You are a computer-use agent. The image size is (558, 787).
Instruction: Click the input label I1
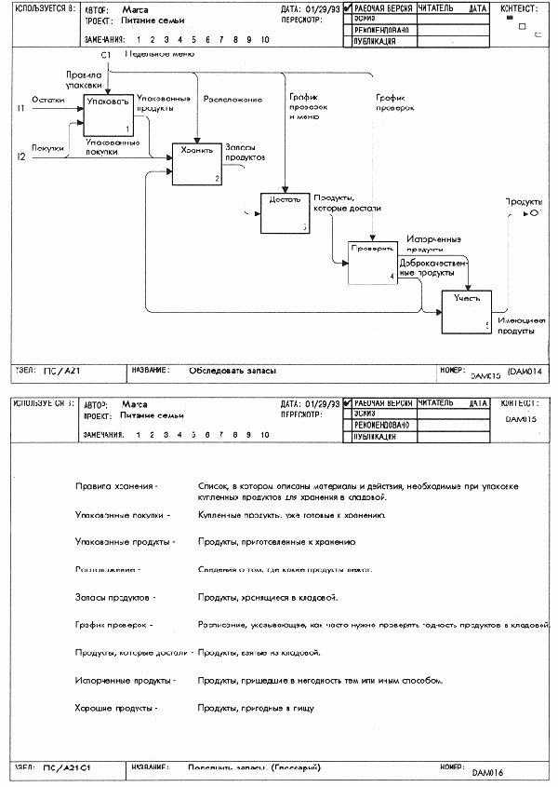20,110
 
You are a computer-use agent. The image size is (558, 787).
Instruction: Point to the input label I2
20,156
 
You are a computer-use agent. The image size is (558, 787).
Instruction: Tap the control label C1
106,56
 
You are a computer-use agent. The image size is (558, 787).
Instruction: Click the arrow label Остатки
48,98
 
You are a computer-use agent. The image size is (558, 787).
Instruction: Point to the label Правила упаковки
84,79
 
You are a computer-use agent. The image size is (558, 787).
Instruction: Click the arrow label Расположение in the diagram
232,99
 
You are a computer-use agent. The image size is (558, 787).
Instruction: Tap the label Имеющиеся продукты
521,325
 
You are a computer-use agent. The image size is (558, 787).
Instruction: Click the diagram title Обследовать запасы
232,371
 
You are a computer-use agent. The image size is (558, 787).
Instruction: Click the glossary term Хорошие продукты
116,708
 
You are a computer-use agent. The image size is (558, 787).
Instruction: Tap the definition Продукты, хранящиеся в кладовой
268,596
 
